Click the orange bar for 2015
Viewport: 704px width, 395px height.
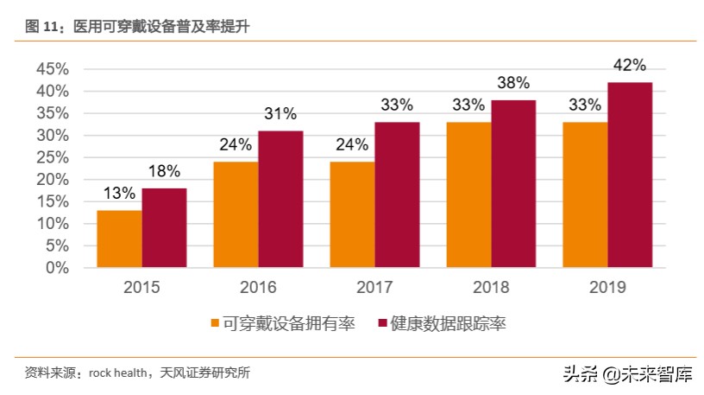119,239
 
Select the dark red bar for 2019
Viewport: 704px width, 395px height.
630,175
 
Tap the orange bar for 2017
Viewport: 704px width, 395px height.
351,214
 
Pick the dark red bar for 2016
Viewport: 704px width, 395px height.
280,199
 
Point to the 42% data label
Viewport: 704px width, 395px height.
630,66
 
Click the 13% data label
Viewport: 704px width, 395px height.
118,194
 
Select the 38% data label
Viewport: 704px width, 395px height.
513,84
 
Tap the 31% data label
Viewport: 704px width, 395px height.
280,114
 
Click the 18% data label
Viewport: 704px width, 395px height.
164,171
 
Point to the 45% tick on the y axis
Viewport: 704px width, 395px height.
52,69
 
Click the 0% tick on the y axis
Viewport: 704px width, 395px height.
57,268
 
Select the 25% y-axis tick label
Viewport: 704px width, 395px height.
52,157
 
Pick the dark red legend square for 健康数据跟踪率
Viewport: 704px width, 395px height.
382,324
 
